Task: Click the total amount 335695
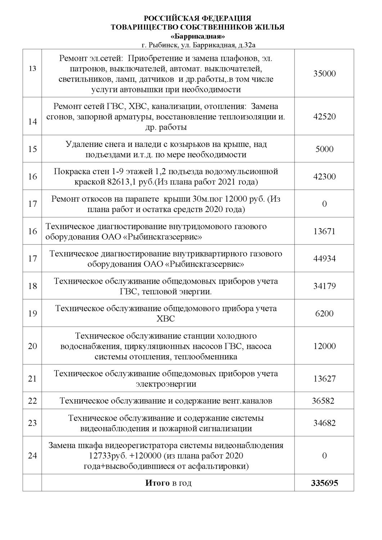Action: click(x=324, y=483)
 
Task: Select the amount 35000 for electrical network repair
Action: click(x=324, y=74)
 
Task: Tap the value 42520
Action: click(x=324, y=117)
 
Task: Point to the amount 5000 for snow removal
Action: click(x=324, y=149)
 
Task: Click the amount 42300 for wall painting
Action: click(x=324, y=176)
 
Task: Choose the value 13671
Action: click(x=324, y=231)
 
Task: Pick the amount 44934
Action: click(x=324, y=258)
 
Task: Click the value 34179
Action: click(x=324, y=286)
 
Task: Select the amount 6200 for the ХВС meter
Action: click(x=324, y=313)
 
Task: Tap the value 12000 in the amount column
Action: click(x=324, y=346)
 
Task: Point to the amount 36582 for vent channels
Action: click(x=323, y=401)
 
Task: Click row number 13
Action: click(x=32, y=68)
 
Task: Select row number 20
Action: click(x=32, y=346)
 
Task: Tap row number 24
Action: click(x=32, y=455)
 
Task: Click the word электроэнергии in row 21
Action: click(x=166, y=384)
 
